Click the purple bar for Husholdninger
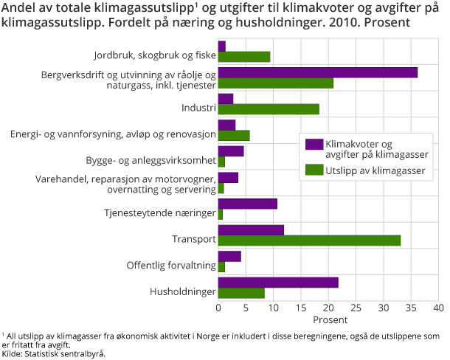pyautogui.click(x=278, y=283)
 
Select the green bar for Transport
pyautogui.click(x=309, y=240)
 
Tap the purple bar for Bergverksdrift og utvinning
pyautogui.click(x=318, y=72)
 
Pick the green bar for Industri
pyautogui.click(x=269, y=109)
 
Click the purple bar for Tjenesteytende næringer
pyautogui.click(x=248, y=204)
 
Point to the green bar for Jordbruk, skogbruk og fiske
pyautogui.click(x=244, y=57)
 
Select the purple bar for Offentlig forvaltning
pyautogui.click(x=229, y=256)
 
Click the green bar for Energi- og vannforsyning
pyautogui.click(x=234, y=135)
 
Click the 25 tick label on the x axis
pyautogui.click(x=356, y=307)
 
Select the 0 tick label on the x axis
pyautogui.click(x=218, y=307)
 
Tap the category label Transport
pyautogui.click(x=194, y=240)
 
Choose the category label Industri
pyautogui.click(x=198, y=108)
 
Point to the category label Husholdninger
pyautogui.click(x=183, y=293)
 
